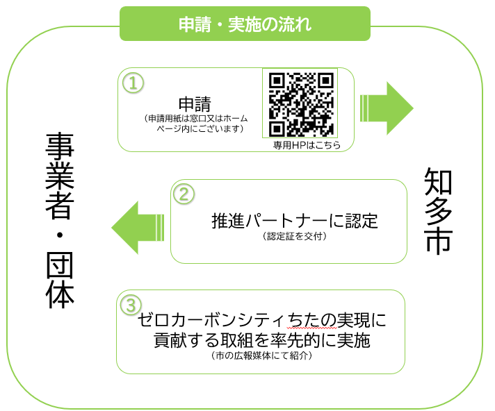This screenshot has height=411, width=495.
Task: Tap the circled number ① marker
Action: (x=132, y=83)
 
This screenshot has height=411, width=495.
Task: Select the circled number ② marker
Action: (x=184, y=194)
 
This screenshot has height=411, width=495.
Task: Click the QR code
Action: (x=301, y=104)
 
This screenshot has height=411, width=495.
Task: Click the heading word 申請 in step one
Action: (x=194, y=103)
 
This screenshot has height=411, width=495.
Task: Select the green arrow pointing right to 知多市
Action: (x=387, y=108)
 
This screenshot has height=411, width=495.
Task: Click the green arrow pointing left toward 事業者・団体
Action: (x=138, y=224)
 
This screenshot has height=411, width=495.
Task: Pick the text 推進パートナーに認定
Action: (x=295, y=221)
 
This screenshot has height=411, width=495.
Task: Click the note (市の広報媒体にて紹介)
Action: (x=261, y=356)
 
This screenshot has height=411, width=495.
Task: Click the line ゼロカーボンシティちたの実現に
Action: (x=261, y=321)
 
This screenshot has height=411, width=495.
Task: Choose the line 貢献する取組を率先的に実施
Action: (x=261, y=340)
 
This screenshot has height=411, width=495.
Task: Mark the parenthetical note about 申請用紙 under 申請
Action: (x=194, y=124)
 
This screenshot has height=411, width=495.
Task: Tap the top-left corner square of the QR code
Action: (x=277, y=81)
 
